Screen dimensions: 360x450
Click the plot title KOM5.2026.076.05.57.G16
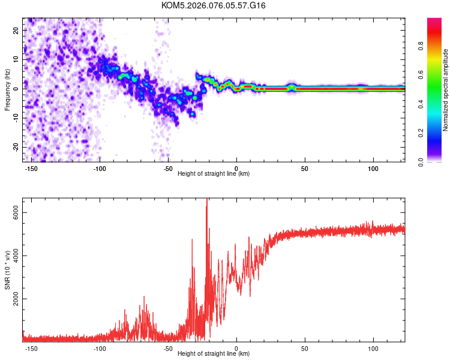click(214, 5)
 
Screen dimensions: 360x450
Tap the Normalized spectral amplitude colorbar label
click(446, 90)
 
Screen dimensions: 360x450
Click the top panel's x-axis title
click(214, 173)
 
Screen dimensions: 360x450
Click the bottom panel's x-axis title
click(214, 353)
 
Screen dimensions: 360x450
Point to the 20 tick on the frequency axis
click(16, 29)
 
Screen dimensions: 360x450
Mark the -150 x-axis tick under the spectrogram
click(31, 167)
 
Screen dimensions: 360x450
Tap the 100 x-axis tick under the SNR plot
click(374, 347)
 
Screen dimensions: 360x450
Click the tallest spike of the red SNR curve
click(208, 200)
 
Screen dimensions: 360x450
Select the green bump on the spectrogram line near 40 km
click(292, 87)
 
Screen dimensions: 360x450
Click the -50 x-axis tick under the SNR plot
click(168, 347)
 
